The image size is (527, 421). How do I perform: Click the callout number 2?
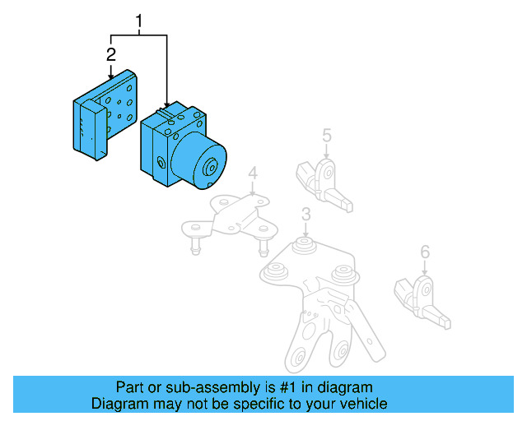(110, 55)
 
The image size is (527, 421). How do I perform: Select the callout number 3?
(305, 215)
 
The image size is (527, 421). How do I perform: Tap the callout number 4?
(253, 173)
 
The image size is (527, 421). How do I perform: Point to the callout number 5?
(326, 135)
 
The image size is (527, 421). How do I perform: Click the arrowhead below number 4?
(253, 193)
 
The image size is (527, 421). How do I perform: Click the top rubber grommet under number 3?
(305, 246)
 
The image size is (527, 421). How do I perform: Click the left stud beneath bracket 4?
(196, 244)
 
